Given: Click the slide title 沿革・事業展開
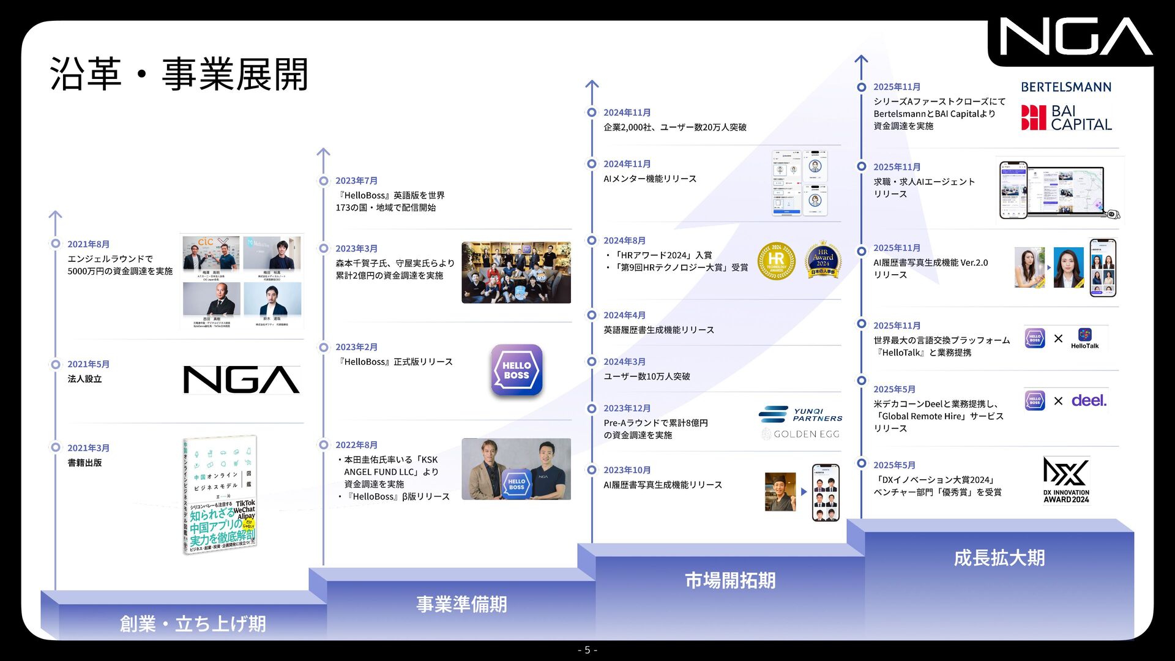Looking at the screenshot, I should (179, 74).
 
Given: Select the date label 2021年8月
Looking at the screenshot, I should (88, 244).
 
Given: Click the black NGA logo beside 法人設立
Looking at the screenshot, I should (241, 379).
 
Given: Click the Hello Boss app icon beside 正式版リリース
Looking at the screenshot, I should (517, 370).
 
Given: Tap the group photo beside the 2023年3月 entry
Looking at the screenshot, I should (516, 272).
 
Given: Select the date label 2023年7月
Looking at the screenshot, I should (356, 181).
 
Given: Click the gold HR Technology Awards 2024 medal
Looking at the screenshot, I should (776, 261).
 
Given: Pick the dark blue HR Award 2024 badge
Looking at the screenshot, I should (822, 261).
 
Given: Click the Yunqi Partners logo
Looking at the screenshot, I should (800, 414).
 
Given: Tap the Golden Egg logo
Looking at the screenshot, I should (800, 434).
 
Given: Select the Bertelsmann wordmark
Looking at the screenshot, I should (1066, 87).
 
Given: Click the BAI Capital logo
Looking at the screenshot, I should (1066, 118).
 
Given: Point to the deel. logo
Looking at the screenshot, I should (1089, 401).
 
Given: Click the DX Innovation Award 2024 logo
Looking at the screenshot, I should (1066, 480).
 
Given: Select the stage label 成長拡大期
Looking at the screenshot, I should (999, 558).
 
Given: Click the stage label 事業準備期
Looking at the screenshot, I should (461, 604).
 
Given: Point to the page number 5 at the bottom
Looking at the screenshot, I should (587, 650).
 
